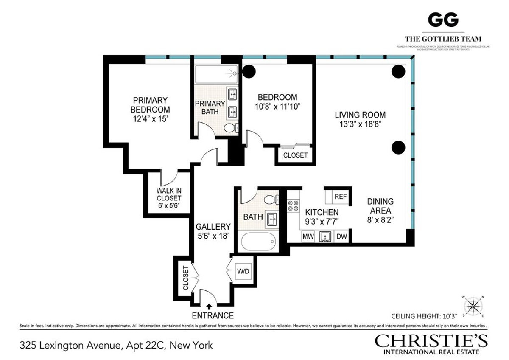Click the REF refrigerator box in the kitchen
click(341, 197)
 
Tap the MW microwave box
click(308, 236)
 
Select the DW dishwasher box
click(341, 236)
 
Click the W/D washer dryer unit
click(243, 270)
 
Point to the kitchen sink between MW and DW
click(325, 236)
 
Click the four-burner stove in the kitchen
click(293, 206)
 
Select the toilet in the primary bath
click(229, 128)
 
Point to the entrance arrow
click(209, 306)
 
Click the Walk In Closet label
click(168, 198)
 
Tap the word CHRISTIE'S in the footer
click(431, 341)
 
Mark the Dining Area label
click(380, 205)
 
